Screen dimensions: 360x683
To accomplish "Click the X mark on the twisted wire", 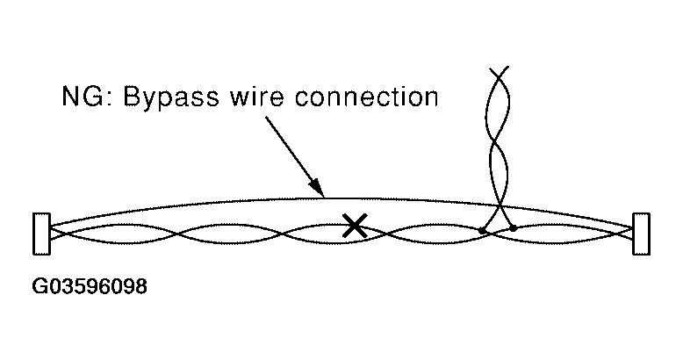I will coord(354,227).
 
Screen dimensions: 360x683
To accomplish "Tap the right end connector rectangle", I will coord(641,234).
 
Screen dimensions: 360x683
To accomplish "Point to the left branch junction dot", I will coord(482,230).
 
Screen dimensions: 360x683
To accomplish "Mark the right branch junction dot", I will coord(514,227).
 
